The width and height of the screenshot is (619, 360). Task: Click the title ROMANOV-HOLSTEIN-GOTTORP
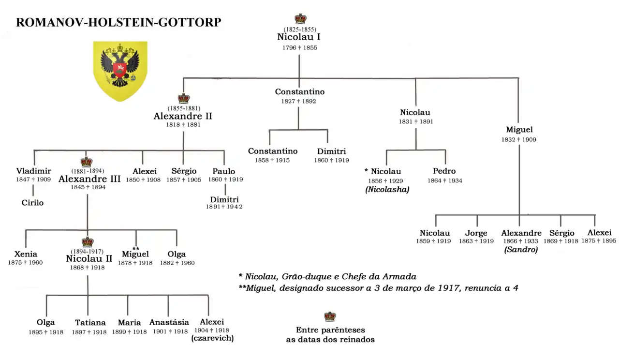[x=118, y=22]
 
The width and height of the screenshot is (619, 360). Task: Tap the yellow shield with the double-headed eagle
[x=120, y=71]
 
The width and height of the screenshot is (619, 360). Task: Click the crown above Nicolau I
[x=301, y=19]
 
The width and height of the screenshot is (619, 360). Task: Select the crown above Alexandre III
[x=87, y=162]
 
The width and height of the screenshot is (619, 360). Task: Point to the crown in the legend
[x=330, y=316]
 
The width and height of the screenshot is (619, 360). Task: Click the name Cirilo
[x=32, y=203]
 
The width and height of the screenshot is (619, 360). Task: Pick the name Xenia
[x=26, y=254]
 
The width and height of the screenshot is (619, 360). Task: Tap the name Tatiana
[x=90, y=323]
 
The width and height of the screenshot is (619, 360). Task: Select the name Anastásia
[x=169, y=322]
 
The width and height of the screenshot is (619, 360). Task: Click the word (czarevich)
[x=212, y=338]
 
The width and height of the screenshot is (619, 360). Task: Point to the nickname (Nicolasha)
[x=387, y=190]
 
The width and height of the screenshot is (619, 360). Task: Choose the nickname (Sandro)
[x=521, y=250]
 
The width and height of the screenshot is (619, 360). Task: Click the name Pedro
[x=444, y=171]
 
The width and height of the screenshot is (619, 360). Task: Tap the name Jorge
[x=476, y=233]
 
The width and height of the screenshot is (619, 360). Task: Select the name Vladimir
[x=33, y=171]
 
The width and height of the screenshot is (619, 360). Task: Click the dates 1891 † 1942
[x=224, y=207]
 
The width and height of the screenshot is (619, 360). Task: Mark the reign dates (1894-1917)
[x=87, y=251]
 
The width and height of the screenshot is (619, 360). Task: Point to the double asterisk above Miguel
[x=135, y=248]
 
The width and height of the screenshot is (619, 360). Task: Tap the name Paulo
[x=224, y=171]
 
